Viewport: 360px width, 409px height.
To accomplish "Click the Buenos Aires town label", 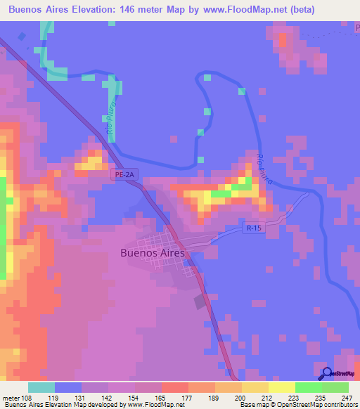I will coord(153,253).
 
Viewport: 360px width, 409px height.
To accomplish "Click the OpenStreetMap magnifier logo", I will coord(327,374).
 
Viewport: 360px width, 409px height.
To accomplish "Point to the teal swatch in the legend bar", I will coord(41,387).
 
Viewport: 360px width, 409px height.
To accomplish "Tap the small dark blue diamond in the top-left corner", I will coord(22,37).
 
